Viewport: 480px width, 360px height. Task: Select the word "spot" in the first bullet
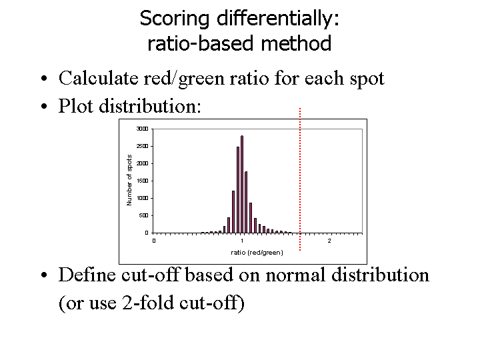[368, 79]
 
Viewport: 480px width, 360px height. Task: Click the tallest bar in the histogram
[242, 184]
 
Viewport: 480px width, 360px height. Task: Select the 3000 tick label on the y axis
[142, 129]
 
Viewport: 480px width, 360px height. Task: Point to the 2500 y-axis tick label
[142, 146]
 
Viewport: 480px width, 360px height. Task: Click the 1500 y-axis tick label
[142, 181]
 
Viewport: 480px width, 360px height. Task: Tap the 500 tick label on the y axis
[143, 215]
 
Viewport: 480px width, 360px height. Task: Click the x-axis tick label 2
[329, 241]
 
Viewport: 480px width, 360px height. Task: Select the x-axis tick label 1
[242, 241]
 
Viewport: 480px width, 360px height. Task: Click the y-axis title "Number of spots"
[130, 180]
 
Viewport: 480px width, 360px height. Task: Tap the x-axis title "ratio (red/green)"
[257, 253]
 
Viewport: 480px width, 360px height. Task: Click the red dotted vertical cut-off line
[301, 180]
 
